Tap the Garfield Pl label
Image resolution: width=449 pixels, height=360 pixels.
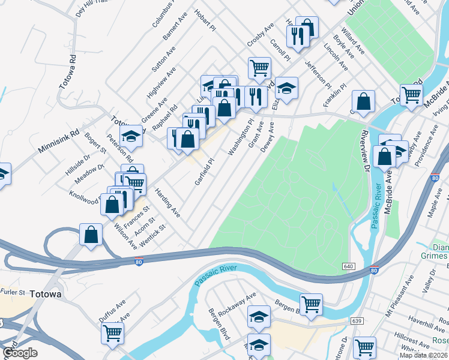tap(205, 172)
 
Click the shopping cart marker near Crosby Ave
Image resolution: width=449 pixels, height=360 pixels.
tap(259, 67)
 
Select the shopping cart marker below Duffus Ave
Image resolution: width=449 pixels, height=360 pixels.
tap(113, 333)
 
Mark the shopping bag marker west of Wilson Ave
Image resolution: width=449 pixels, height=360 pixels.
tap(91, 234)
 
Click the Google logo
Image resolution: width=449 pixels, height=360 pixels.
tap(20, 353)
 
